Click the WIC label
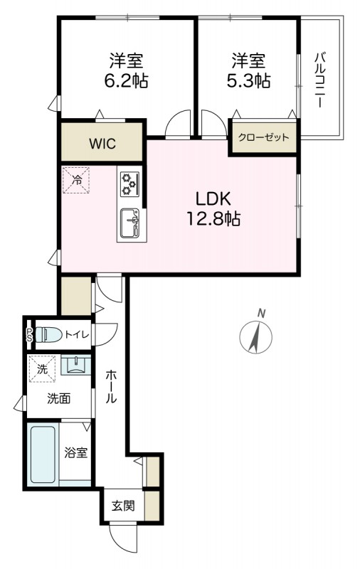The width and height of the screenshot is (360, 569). point(102,144)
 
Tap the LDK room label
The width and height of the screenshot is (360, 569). point(213,199)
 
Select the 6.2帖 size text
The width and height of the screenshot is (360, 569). point(127,81)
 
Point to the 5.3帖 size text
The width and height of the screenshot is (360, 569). point(248,81)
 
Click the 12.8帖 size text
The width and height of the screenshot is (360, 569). point(213,219)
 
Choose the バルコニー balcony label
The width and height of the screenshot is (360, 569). point(319,80)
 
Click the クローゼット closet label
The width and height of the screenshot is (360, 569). point(264,137)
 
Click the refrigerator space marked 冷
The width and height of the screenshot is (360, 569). point(76,180)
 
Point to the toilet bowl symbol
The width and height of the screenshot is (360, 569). point(48,334)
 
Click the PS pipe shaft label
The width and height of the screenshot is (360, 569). point(29,335)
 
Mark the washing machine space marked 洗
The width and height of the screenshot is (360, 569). point(43,368)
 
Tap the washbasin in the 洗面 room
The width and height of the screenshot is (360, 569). point(76,365)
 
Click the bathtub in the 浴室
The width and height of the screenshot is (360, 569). point(43,454)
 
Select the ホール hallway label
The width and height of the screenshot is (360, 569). point(111,387)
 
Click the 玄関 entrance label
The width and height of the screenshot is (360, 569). point(123,506)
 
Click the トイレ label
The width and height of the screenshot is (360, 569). point(77,334)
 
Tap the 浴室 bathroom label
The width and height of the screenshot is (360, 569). point(76,452)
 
